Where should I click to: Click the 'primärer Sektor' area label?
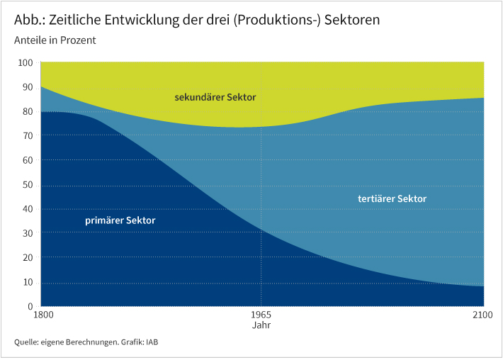click(x=120, y=221)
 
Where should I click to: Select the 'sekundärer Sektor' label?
click(x=215, y=97)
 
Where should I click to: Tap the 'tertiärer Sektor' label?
click(x=392, y=199)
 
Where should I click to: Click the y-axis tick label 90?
click(x=27, y=87)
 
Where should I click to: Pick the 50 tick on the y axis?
click(x=27, y=185)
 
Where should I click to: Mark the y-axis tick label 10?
click(x=27, y=283)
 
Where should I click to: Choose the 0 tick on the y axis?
click(x=30, y=307)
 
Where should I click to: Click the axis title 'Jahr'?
click(x=261, y=326)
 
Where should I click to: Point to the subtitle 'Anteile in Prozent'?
click(x=55, y=40)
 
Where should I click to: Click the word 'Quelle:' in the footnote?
click(x=28, y=343)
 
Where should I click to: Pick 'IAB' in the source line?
click(x=152, y=343)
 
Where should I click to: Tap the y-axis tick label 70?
click(x=27, y=136)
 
